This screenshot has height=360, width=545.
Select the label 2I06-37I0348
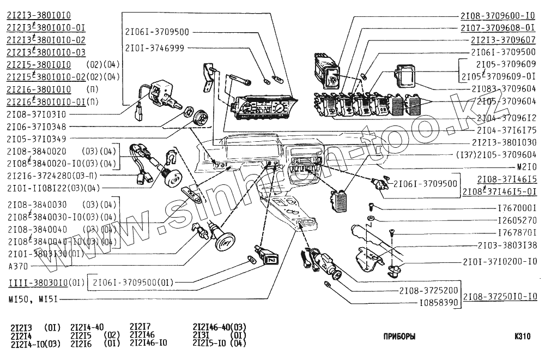tap(37, 127)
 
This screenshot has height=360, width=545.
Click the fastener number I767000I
tap(517, 208)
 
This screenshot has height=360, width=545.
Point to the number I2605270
tap(517, 221)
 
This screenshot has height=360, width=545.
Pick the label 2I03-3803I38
tap(507, 245)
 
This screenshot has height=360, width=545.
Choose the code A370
tap(17, 266)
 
